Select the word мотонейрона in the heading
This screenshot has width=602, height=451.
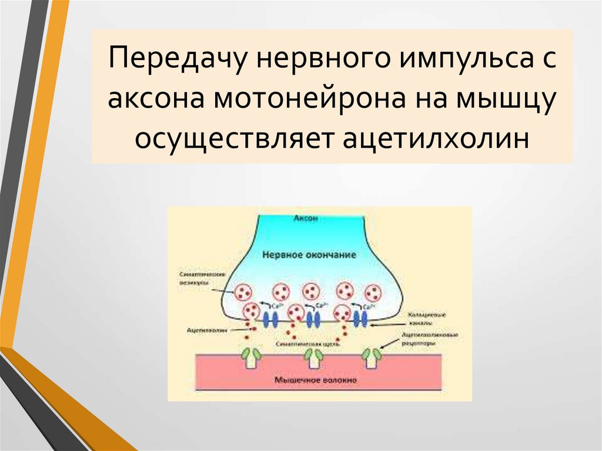tap(320, 101)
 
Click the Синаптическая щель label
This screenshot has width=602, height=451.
tap(300, 342)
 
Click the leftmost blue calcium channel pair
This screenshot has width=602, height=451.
tap(270, 319)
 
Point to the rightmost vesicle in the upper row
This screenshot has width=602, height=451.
tap(373, 292)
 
